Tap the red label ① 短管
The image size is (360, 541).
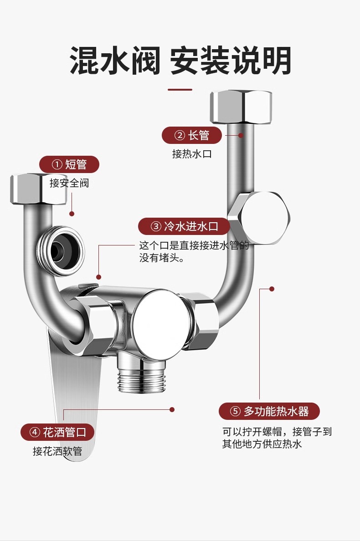[x=69, y=164]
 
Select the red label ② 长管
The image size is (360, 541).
[x=192, y=135]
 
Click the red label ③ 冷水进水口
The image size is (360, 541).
[x=185, y=226]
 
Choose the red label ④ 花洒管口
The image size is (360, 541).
[x=57, y=432]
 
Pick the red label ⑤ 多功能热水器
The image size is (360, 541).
[x=269, y=412]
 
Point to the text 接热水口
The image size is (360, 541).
[x=192, y=154]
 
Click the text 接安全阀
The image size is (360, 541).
[x=69, y=183]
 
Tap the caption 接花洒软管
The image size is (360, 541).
[x=57, y=451]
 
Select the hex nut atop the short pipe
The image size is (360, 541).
[x=38, y=189]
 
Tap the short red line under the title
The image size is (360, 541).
[x=180, y=89]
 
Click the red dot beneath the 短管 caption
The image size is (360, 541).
[x=72, y=213]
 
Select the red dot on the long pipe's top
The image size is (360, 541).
[x=241, y=135]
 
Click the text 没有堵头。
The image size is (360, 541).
[x=161, y=259]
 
